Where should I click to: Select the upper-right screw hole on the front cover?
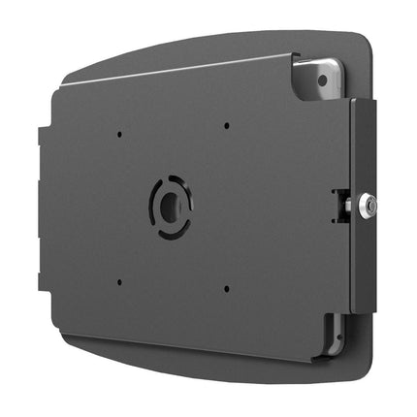coord(225,125)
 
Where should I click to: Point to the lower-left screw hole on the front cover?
coord(118,283)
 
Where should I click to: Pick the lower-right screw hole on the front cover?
coord(225,288)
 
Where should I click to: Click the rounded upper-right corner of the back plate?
coord(366,44)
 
